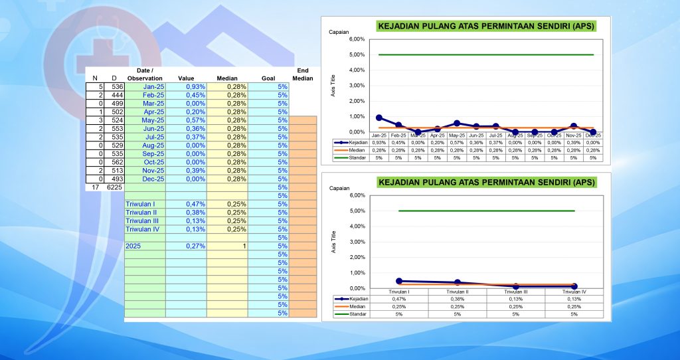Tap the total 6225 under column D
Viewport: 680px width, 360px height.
pos(114,187)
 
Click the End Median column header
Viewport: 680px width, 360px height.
pos(302,74)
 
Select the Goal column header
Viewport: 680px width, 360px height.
pos(268,78)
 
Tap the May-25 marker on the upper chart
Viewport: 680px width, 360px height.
pos(457,123)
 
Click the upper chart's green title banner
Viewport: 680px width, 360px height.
pos(485,27)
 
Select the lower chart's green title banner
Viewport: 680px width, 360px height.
pos(485,182)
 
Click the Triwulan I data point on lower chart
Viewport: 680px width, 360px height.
pos(399,281)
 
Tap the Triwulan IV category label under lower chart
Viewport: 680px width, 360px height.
pos(573,292)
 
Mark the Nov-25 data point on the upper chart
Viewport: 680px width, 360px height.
pos(574,126)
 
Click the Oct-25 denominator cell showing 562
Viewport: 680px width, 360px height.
pos(114,162)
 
